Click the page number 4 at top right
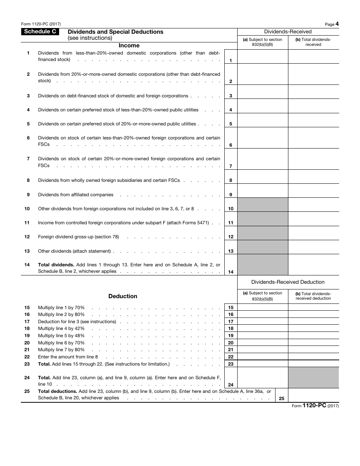click(337, 24)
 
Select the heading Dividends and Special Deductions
click(115, 32)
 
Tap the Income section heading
click(129, 45)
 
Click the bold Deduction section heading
click(123, 296)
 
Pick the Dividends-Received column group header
click(288, 32)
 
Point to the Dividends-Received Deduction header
click(288, 282)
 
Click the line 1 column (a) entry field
click(263, 56)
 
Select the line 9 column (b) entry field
click(313, 191)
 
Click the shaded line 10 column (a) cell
click(263, 205)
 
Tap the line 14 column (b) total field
click(313, 264)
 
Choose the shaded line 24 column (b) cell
click(313, 378)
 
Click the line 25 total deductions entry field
click(313, 395)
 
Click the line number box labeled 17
click(231, 322)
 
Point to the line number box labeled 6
click(231, 145)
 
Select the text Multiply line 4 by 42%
click(61, 328)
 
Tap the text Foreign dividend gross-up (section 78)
click(78, 237)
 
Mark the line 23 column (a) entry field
click(263, 364)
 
